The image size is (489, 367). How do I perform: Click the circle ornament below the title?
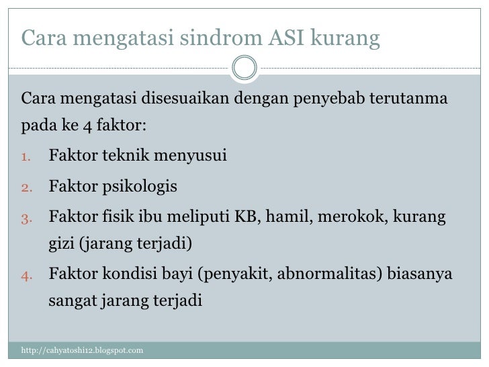coord(244,67)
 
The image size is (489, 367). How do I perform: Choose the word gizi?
coord(61,243)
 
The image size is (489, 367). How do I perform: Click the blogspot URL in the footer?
coord(82,351)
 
